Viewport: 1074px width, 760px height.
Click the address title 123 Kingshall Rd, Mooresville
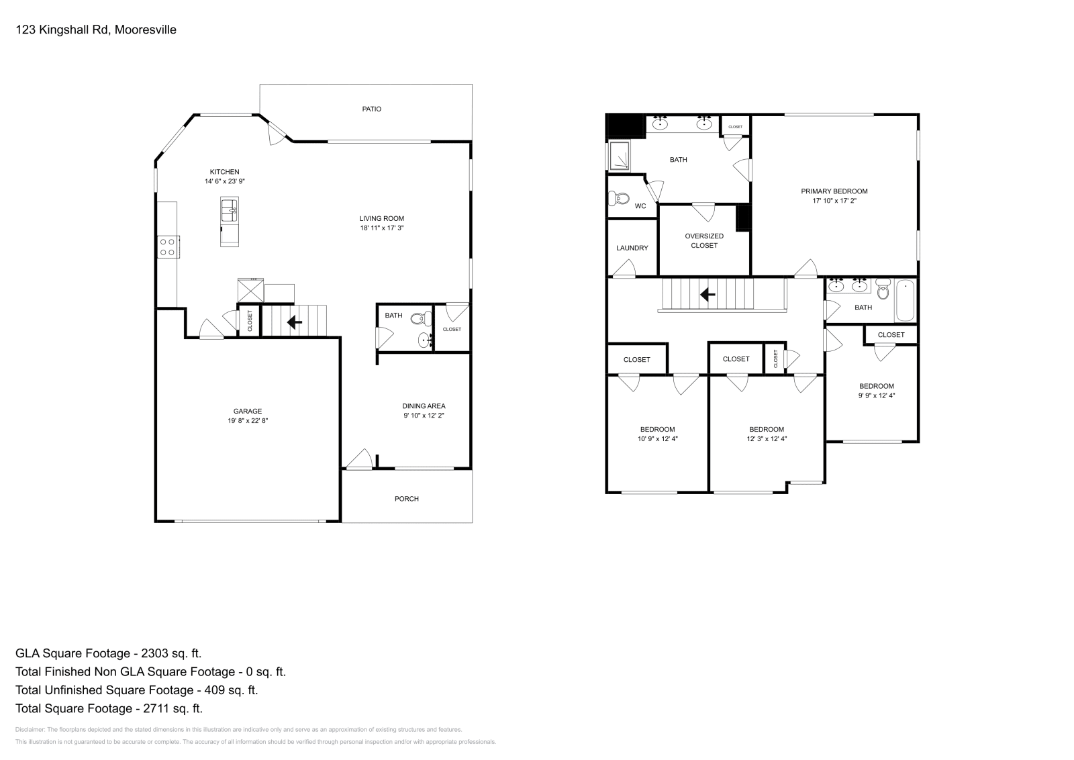pos(95,30)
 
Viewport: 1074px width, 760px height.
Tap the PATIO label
pos(371,109)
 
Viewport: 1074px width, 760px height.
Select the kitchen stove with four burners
pos(168,247)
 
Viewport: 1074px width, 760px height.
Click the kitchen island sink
pos(229,210)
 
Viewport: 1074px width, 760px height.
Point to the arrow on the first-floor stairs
pos(294,323)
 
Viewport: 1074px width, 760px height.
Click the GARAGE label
pos(248,411)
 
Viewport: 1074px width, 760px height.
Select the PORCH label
pos(406,499)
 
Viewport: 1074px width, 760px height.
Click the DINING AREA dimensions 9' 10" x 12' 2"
pos(424,416)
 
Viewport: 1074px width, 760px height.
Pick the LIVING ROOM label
pos(381,218)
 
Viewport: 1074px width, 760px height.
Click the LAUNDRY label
pos(632,248)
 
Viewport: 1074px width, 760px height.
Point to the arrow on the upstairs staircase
pos(706,294)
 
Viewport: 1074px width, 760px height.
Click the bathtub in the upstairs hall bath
pos(905,301)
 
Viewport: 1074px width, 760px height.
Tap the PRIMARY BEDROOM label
pos(834,191)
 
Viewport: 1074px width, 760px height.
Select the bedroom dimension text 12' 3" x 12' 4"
pos(766,438)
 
